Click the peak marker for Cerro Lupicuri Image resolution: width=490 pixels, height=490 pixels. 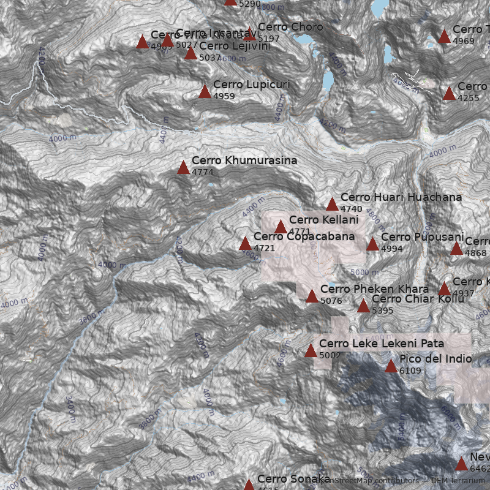coord(205,91)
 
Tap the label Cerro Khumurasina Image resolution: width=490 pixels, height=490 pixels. coord(244,160)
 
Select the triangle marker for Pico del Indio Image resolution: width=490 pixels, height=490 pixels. coord(391,366)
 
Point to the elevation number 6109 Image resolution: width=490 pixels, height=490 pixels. coord(410,371)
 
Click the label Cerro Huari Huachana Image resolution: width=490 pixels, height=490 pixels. coord(401,197)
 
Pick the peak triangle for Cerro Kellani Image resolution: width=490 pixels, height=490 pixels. coord(281,227)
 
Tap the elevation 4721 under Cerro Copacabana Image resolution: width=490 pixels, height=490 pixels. coord(264,248)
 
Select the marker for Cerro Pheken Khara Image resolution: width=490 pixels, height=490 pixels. coord(312,296)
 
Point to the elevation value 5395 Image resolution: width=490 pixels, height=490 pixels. coord(382,311)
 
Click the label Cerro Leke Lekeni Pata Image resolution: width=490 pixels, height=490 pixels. coord(381,344)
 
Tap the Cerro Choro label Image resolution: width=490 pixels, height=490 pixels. coord(290,27)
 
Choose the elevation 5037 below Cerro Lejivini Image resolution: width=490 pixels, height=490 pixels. coord(209,58)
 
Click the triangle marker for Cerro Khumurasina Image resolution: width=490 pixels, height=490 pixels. coord(183,167)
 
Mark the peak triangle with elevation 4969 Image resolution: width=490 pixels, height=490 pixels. coord(445,37)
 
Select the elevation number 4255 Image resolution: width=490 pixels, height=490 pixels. coord(468,98)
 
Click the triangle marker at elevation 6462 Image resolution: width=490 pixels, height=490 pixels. coord(461,464)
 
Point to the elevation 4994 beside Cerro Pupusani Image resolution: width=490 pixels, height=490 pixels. coord(391,249)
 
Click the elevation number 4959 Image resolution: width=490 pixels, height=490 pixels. coord(224,96)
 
